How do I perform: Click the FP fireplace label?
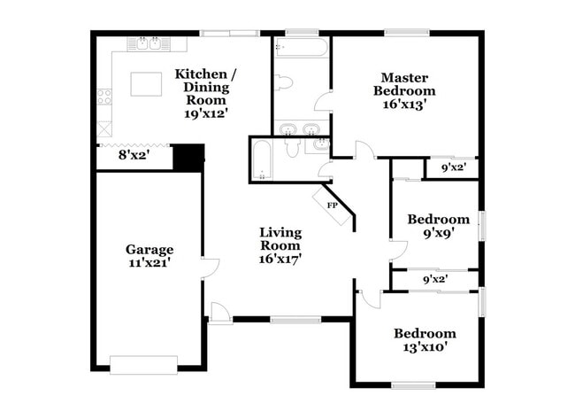[333, 206]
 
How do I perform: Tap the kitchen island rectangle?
[147, 84]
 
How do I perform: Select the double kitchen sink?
[144, 42]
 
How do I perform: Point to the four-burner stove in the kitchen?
[104, 96]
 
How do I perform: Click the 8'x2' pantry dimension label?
[134, 155]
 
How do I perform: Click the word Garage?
[149, 249]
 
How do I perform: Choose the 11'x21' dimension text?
[149, 262]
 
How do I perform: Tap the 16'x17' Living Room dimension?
[280, 260]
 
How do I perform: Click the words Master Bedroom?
[404, 83]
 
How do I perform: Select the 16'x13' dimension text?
[404, 104]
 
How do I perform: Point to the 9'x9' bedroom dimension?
[438, 236]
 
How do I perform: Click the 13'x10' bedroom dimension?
[425, 347]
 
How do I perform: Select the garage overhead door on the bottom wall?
[143, 363]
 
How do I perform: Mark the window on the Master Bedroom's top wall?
[406, 34]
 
